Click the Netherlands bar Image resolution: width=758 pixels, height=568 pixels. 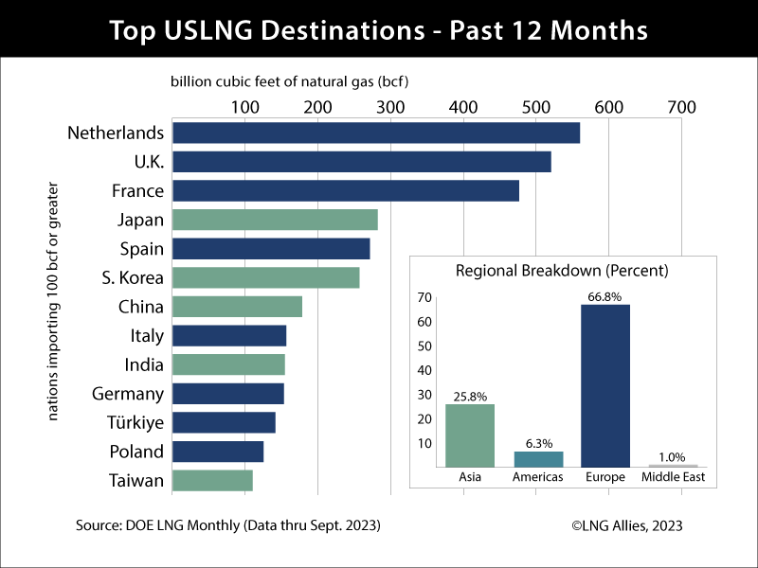coord(376,133)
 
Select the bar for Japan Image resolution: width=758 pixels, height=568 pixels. coord(276,220)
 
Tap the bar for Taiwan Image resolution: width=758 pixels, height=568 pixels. coord(213,481)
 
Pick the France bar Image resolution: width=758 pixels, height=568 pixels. coord(346,191)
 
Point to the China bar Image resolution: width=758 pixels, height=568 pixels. coord(238,307)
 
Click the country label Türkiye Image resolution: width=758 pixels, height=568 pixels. coord(128,422)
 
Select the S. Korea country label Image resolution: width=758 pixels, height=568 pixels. coord(133,278)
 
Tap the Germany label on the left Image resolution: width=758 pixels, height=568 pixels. coord(128,394)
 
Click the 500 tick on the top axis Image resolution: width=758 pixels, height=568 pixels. coord(535,107)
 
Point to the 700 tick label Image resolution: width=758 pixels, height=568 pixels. coord(681,107)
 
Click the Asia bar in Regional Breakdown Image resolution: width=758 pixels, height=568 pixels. coord(470,435)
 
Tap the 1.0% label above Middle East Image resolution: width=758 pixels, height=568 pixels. coord(673,458)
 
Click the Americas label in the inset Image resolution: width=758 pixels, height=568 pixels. coord(538,477)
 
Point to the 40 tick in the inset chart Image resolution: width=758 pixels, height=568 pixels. coord(425,370)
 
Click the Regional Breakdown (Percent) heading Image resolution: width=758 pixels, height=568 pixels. coord(562,271)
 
